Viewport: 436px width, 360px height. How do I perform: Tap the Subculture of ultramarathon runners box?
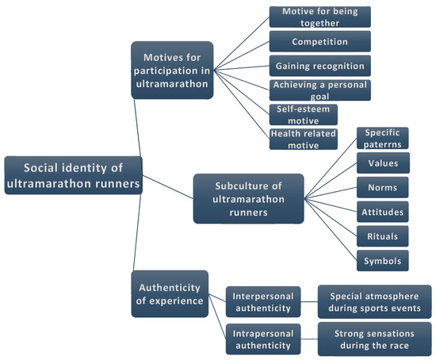248,198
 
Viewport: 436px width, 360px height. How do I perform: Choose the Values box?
383,163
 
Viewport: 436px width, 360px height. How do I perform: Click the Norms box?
383,188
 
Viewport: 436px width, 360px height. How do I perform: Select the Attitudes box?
383,212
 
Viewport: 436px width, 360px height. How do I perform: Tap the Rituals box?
383,236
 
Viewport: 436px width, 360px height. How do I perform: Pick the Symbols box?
383,260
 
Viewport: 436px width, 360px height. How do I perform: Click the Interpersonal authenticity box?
262,302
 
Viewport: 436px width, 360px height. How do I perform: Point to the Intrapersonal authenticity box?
262,338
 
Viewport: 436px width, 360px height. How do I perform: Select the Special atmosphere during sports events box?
373,302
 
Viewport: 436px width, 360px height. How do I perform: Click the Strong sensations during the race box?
373,338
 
